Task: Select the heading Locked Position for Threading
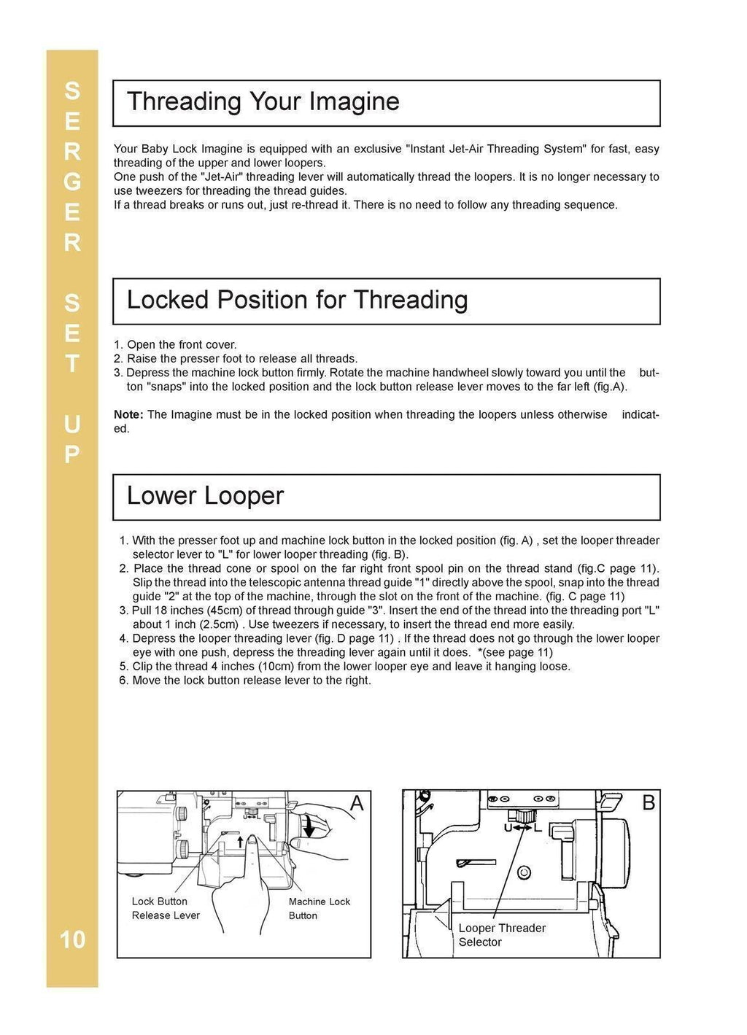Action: (x=297, y=300)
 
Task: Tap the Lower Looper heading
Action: (x=205, y=496)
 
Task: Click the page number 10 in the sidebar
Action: (x=72, y=939)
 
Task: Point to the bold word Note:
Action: (x=128, y=414)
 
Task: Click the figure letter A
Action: (x=356, y=803)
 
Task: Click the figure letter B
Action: (x=648, y=803)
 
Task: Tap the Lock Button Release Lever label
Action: (x=165, y=908)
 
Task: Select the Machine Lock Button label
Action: (x=319, y=908)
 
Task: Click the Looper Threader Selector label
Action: (x=501, y=935)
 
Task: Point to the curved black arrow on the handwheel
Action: (x=309, y=827)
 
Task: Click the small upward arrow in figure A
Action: (x=240, y=842)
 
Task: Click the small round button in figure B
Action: (x=523, y=873)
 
